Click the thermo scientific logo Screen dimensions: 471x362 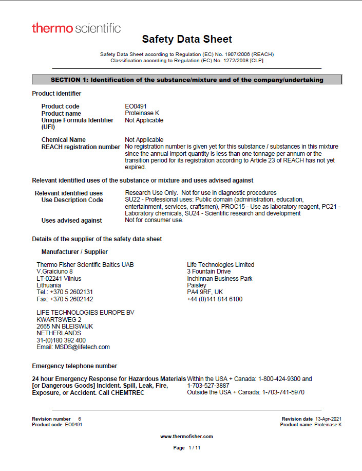coord(77,28)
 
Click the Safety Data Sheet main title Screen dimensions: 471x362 coord(187,39)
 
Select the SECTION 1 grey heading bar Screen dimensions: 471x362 coord(187,80)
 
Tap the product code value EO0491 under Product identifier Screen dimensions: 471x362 coord(136,106)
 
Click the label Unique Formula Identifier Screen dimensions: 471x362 coord(77,120)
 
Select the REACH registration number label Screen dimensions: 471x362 coord(81,147)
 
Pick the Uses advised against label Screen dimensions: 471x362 coord(71,221)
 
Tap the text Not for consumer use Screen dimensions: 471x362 coord(154,221)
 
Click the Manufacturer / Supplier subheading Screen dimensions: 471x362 coord(74,252)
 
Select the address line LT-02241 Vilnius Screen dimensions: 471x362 coord(59,278)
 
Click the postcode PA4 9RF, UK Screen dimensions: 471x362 coord(205,292)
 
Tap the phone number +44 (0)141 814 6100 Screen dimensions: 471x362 coord(215,299)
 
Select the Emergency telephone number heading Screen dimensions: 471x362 coord(74,366)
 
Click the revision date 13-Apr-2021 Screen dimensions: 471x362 coord(329,419)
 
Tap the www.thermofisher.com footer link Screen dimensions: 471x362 coord(186,437)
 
